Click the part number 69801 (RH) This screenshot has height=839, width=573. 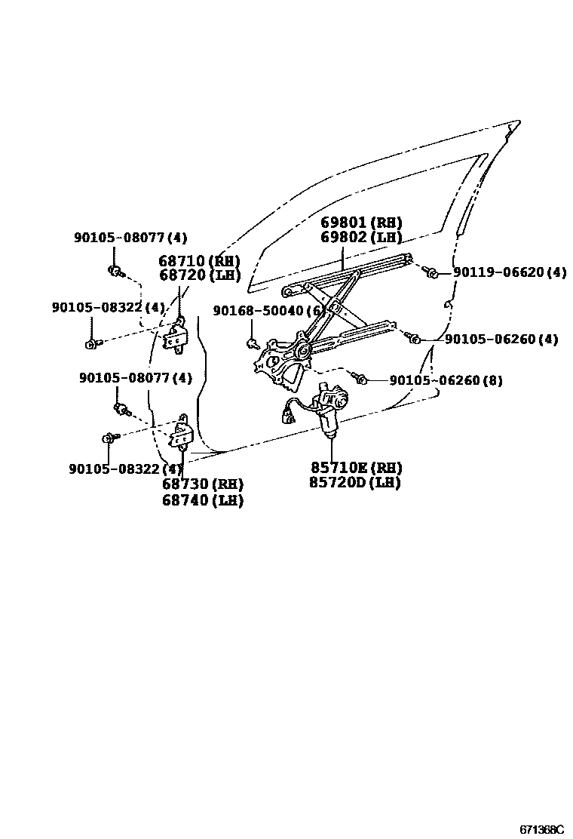click(360, 223)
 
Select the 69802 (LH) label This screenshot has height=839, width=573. click(360, 238)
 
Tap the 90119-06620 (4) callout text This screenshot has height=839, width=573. click(510, 272)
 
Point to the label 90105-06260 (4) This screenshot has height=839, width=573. click(501, 340)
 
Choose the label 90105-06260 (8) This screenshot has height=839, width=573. click(446, 381)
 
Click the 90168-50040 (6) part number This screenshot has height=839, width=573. click(268, 311)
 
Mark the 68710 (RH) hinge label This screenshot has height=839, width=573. click(199, 261)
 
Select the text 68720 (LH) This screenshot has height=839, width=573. click(199, 275)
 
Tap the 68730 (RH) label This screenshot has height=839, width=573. click(202, 484)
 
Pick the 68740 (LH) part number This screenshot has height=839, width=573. click(202, 499)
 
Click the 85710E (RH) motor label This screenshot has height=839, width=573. click(354, 467)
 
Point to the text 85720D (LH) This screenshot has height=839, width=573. click(354, 483)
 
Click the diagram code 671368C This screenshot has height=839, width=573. click(541, 829)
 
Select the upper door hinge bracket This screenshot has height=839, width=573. click(177, 335)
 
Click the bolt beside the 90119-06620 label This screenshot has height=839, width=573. click(431, 271)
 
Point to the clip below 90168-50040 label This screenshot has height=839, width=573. click(252, 345)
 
